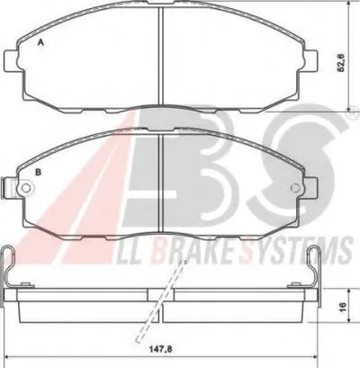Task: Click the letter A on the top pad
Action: (40, 43)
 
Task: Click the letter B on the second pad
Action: (39, 172)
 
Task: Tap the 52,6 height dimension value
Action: (342, 63)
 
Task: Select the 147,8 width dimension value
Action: (162, 349)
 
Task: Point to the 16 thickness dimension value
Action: (343, 306)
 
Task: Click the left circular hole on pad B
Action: (26, 188)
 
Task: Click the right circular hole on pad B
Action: (296, 188)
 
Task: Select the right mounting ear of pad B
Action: (310, 188)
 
